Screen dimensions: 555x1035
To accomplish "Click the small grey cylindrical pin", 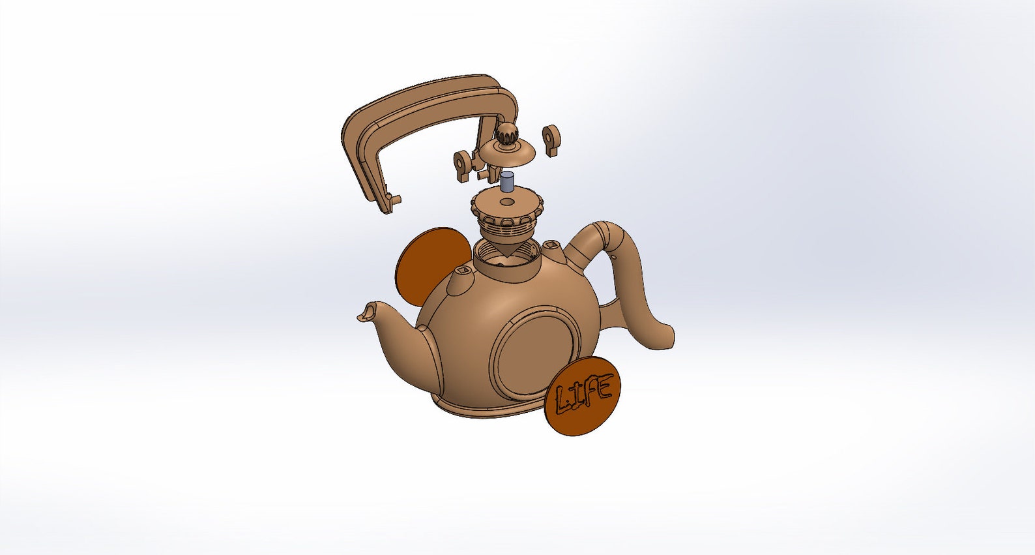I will pos(508,181).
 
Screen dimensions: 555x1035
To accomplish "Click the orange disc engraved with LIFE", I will pos(583,396).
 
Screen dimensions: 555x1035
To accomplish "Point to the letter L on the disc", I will pos(561,400).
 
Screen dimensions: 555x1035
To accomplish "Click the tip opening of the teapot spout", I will pos(368,310).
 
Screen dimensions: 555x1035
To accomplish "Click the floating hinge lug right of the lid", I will pos(551,138).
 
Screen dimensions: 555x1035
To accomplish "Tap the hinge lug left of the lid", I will pos(462,163).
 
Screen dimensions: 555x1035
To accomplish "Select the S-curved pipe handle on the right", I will pos(629,280).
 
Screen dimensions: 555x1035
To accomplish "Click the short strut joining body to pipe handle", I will pos(609,314).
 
